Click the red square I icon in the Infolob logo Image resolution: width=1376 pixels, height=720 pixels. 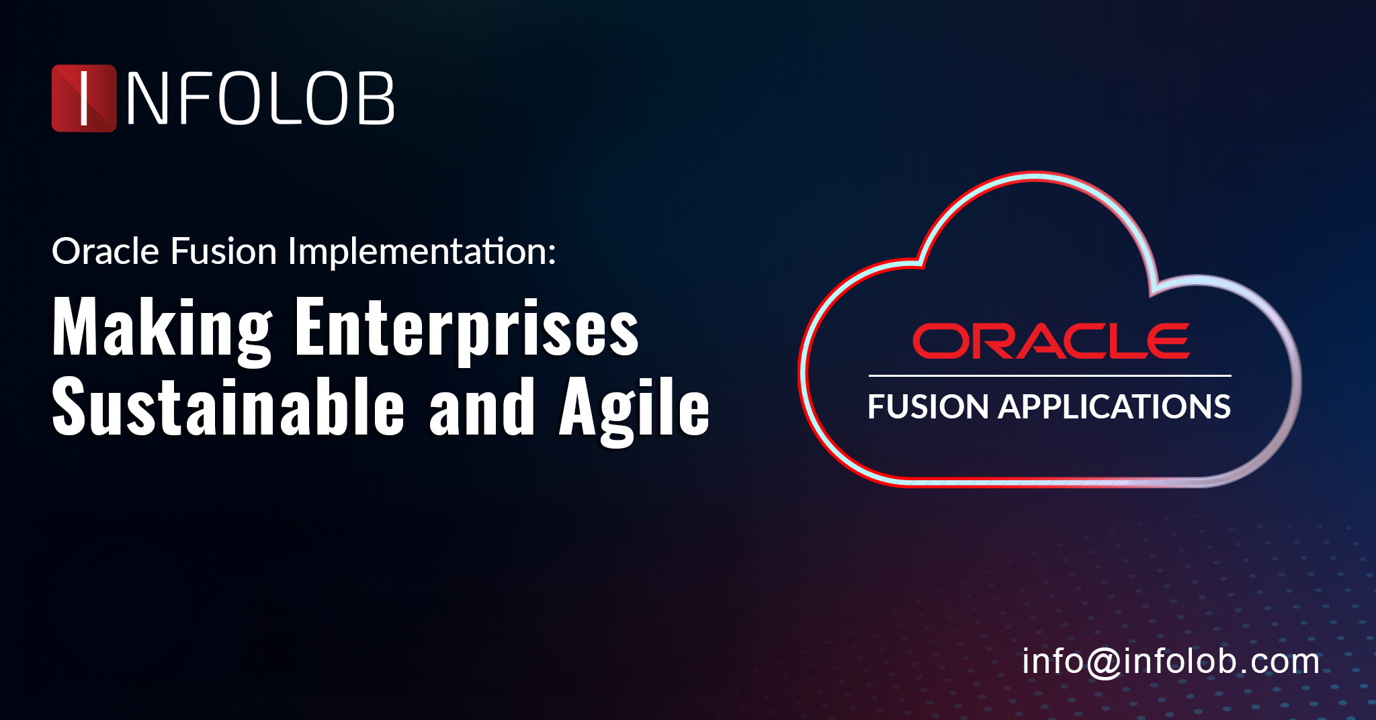[84, 98]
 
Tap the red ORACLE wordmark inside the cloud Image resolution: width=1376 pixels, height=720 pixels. [1051, 341]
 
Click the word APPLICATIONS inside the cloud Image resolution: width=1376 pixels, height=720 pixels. [1115, 407]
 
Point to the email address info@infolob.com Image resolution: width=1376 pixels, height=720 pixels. [1170, 662]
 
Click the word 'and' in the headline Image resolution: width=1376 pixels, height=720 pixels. [482, 407]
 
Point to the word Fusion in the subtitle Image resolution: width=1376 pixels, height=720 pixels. [224, 252]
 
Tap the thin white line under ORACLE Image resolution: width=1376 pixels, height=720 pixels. [1049, 375]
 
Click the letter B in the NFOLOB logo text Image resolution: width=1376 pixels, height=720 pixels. [375, 99]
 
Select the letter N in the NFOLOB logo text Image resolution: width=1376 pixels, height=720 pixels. [146, 99]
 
